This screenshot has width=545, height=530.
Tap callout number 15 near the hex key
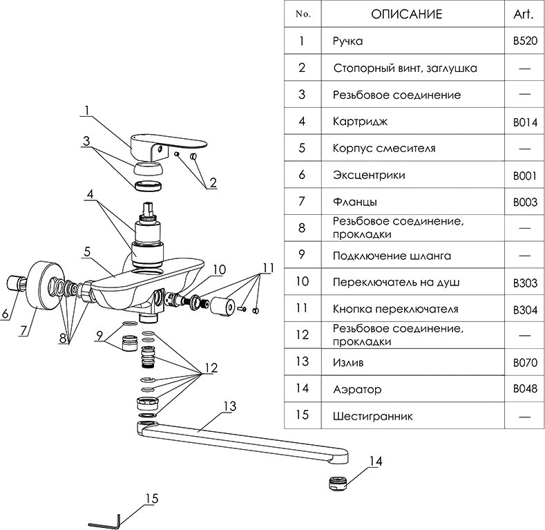152,498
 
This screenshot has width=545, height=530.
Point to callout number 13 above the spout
229,405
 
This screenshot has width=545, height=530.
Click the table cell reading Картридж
360,122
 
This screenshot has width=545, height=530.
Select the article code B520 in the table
525,41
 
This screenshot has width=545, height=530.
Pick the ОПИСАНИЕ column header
406,14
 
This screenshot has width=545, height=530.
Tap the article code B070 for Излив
525,362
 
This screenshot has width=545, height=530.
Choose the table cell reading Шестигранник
373,416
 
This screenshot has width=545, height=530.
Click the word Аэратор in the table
357,389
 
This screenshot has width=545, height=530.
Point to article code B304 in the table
525,309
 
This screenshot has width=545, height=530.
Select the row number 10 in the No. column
302,282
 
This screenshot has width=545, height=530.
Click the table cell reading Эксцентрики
369,175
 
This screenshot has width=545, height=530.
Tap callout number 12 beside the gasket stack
209,368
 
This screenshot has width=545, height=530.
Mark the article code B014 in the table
525,122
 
